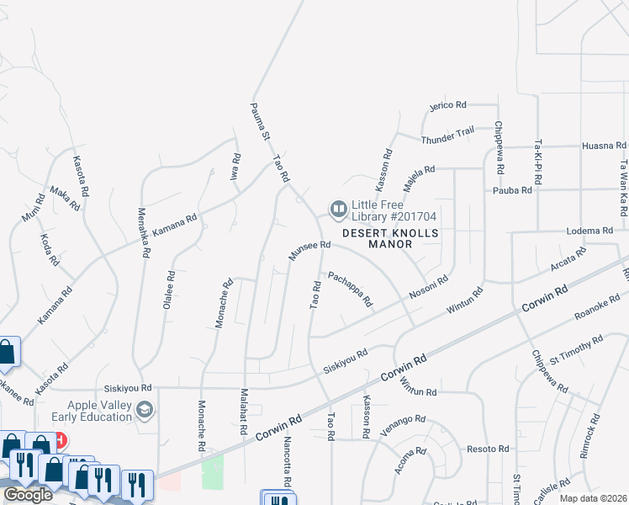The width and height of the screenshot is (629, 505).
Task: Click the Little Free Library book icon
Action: tap(338, 208)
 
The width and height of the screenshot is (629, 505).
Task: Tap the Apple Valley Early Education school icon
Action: tap(145, 410)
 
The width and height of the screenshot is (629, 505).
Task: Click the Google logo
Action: tap(28, 495)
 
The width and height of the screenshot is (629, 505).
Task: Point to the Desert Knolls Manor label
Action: tap(378, 238)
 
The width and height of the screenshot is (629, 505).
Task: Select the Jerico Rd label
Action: tap(447, 105)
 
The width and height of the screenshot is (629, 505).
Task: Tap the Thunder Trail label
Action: tap(447, 132)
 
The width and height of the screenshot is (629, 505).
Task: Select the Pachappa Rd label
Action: tap(350, 289)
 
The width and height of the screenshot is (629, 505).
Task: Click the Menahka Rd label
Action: tap(144, 232)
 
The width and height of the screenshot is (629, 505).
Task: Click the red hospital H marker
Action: tap(58, 440)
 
